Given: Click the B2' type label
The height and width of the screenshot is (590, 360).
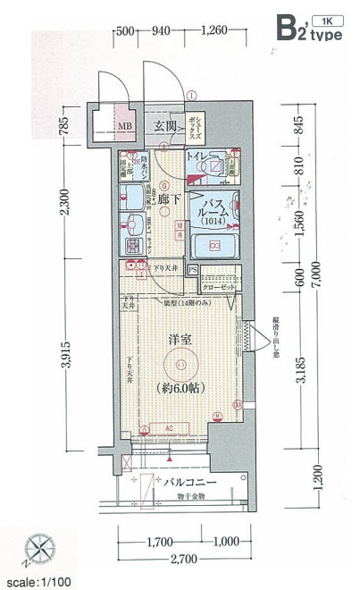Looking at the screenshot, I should point(307,29).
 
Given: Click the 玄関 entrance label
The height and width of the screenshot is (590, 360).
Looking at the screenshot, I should point(163,126).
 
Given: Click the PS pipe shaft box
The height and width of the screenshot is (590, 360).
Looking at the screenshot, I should point(192,269).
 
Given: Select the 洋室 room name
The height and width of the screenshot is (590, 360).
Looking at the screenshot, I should point(181,341).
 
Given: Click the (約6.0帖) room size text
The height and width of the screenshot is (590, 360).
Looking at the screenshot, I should point(181,388).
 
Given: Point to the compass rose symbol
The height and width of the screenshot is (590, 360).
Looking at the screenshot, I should point(39,547).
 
